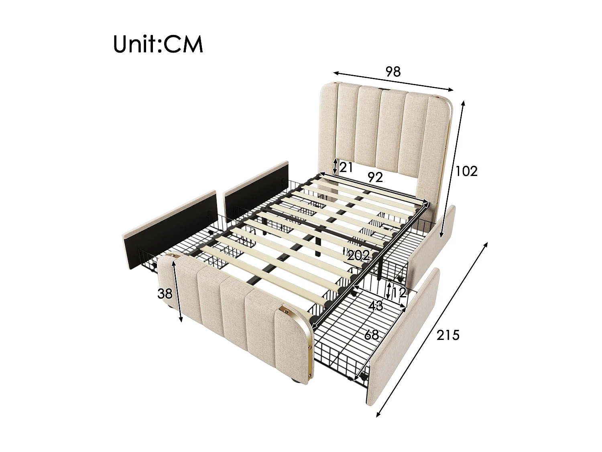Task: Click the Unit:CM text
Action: pyautogui.click(x=158, y=44)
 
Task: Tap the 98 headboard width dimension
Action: pyautogui.click(x=393, y=72)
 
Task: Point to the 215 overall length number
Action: pyautogui.click(x=447, y=334)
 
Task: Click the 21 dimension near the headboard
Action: pyautogui.click(x=346, y=167)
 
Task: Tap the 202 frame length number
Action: pyautogui.click(x=358, y=256)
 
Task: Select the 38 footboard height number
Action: pyautogui.click(x=165, y=294)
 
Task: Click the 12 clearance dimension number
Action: pyautogui.click(x=399, y=293)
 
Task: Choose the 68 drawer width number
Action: pyautogui.click(x=371, y=334)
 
